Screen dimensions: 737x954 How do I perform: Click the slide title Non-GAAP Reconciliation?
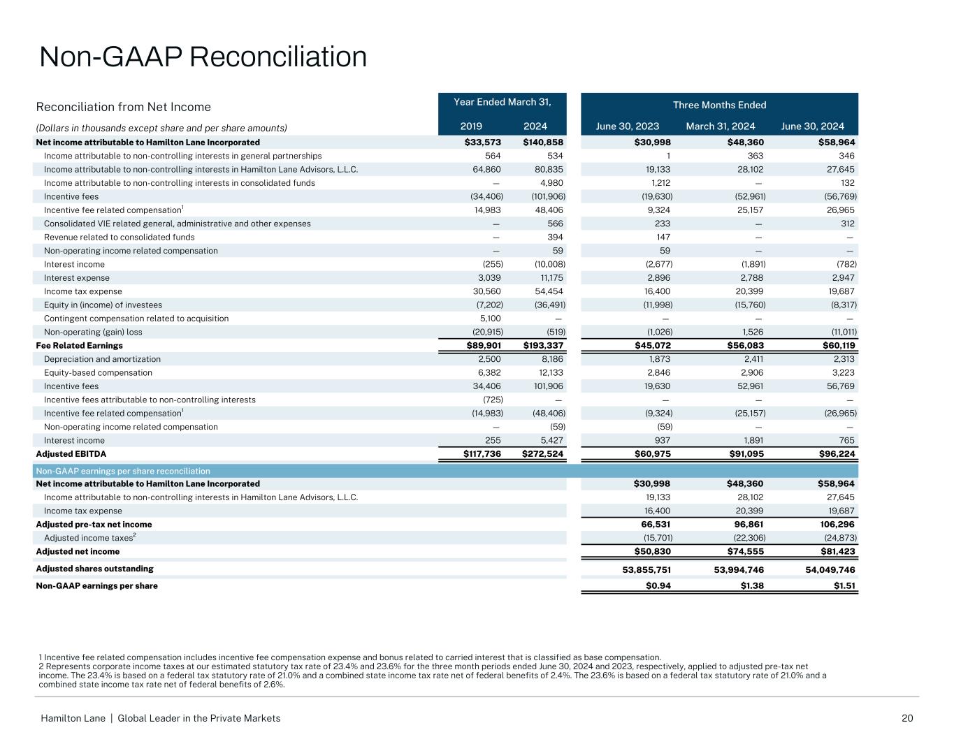point(203,57)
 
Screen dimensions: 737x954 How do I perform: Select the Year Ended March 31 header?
point(503,102)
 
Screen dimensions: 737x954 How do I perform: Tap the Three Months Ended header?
point(719,105)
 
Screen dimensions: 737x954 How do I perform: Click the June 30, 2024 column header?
point(812,126)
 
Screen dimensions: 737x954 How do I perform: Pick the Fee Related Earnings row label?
point(79,346)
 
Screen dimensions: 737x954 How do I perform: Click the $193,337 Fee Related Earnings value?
point(543,346)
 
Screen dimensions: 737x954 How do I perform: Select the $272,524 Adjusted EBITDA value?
point(543,454)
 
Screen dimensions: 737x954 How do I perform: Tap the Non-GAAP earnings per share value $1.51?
point(844,586)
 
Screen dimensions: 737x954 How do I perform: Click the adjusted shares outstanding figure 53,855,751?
point(646,569)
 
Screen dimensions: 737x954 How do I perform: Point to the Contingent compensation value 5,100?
point(491,319)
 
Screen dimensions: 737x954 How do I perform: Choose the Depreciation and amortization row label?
point(102,359)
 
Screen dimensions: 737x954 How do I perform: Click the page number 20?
point(907,718)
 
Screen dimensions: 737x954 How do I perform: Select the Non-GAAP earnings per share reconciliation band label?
point(122,471)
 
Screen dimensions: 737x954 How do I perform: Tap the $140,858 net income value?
point(543,143)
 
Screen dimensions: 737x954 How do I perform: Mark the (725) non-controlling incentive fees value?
point(492,400)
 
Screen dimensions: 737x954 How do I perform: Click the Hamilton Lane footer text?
point(160,718)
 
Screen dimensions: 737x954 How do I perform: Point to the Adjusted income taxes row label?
point(89,538)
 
